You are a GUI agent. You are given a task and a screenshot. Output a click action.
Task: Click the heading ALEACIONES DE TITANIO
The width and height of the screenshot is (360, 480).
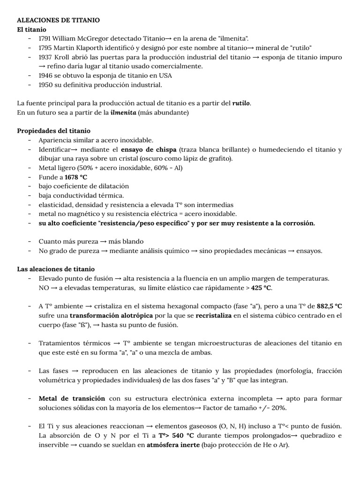58,21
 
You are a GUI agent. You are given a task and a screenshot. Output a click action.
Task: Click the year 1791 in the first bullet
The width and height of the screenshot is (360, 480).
45,38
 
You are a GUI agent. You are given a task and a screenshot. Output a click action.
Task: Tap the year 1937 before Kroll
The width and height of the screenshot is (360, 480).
45,57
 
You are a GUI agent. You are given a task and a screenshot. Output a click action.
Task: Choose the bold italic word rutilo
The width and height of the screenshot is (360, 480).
241,103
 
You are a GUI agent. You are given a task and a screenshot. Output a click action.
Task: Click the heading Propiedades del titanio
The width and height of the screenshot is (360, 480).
53,131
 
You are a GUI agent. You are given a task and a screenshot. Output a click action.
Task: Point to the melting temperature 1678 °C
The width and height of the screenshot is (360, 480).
75,177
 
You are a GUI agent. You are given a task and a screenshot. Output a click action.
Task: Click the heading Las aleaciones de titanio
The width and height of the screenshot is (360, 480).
56,269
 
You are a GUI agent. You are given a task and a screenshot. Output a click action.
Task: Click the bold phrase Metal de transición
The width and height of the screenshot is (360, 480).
72,398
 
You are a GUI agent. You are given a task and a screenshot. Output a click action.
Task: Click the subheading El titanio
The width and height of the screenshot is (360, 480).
32,30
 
